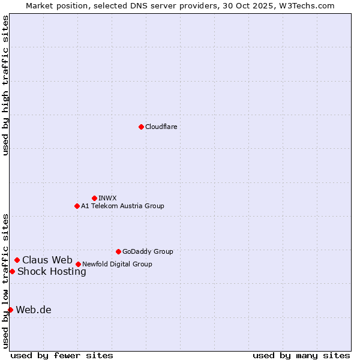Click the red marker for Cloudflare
click(x=141, y=127)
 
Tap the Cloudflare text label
click(x=161, y=127)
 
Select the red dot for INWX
click(x=94, y=198)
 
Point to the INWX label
click(x=107, y=198)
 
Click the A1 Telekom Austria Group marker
click(x=77, y=206)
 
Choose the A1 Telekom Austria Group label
click(x=122, y=206)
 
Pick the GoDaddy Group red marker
click(x=118, y=251)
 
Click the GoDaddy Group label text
click(x=147, y=251)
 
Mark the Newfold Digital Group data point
click(x=78, y=264)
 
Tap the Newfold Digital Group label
click(x=117, y=264)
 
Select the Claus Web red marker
click(x=17, y=260)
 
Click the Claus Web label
click(x=47, y=260)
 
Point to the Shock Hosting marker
click(x=12, y=271)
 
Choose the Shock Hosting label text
click(x=52, y=271)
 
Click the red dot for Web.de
click(x=10, y=310)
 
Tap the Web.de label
click(x=34, y=310)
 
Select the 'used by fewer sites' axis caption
click(x=62, y=355)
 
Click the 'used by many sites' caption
click(x=301, y=355)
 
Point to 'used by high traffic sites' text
click(x=5, y=85)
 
